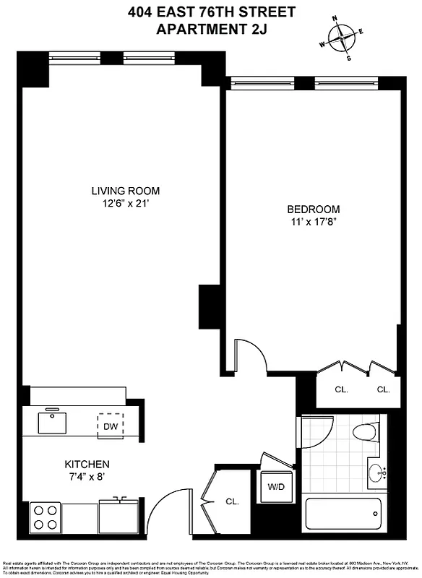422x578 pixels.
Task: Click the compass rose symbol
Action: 342,35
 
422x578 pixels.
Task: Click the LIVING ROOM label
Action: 125,191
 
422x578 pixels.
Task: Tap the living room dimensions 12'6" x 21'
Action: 125,204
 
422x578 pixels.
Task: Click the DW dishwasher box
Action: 111,426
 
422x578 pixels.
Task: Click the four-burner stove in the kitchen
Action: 46,517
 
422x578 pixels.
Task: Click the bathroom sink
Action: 377,473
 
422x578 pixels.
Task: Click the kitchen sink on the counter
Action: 52,420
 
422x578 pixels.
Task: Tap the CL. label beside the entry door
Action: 232,501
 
